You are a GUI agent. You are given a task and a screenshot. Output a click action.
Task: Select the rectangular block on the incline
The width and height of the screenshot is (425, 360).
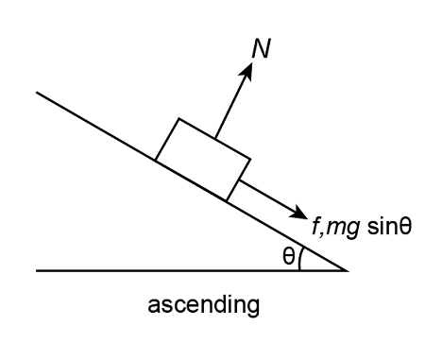point(203,159)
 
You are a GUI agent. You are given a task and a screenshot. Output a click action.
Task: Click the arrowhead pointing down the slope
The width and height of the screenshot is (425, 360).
point(301,214)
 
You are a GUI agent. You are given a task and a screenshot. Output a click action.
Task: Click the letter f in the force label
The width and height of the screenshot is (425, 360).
point(315,228)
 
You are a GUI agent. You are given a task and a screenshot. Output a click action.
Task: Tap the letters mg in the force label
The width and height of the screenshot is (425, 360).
point(340,230)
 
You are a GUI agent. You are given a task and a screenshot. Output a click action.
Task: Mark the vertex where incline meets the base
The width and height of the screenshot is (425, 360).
point(348,270)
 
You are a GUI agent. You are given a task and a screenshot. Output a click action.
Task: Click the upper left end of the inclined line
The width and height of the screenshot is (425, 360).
point(37,93)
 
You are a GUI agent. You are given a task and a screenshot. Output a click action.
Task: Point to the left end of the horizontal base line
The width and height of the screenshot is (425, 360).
point(37,270)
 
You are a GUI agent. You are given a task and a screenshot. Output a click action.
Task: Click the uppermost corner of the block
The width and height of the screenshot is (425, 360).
point(178,119)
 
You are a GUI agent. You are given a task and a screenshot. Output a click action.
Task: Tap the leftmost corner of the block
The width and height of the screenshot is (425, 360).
point(155,161)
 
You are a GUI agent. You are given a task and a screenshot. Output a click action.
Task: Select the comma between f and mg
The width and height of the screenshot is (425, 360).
point(322,234)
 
